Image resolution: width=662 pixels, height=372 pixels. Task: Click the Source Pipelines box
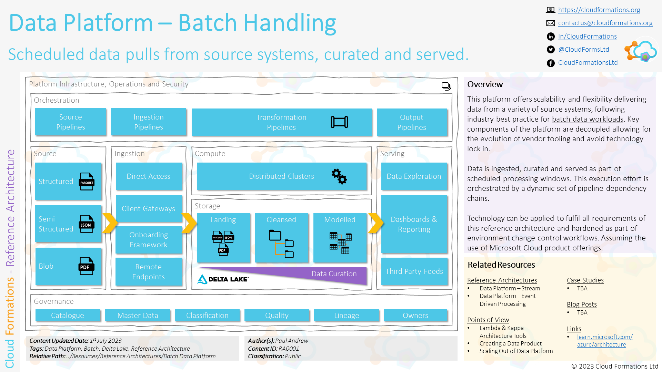coord(70,122)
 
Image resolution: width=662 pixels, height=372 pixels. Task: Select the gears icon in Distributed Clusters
coord(339,176)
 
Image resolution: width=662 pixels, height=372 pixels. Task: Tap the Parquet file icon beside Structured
coord(87,182)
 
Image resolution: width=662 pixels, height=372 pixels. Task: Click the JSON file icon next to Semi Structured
coord(86,224)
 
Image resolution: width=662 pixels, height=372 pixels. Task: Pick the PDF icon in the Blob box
coord(86,266)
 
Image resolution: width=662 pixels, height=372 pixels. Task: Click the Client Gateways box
coord(148,208)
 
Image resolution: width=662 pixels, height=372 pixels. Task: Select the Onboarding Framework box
coord(148,240)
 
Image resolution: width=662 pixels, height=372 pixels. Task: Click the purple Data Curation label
coord(334,274)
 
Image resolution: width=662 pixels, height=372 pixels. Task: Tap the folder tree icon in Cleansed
coord(281,244)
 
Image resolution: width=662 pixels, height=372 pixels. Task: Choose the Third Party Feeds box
coord(414,271)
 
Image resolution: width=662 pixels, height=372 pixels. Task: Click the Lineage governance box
coord(346,316)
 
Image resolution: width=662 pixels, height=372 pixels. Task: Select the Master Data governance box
coord(138,316)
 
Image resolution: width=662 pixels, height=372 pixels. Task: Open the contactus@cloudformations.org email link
coord(605,23)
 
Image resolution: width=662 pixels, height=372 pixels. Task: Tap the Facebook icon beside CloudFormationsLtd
coord(551,63)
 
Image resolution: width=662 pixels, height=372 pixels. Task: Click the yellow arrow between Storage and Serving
coord(376,223)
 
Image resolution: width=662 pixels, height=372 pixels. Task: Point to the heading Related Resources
coord(501,265)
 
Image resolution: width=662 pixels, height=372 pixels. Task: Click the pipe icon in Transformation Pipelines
coord(339,122)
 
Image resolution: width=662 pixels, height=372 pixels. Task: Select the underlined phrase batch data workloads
coord(588,119)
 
